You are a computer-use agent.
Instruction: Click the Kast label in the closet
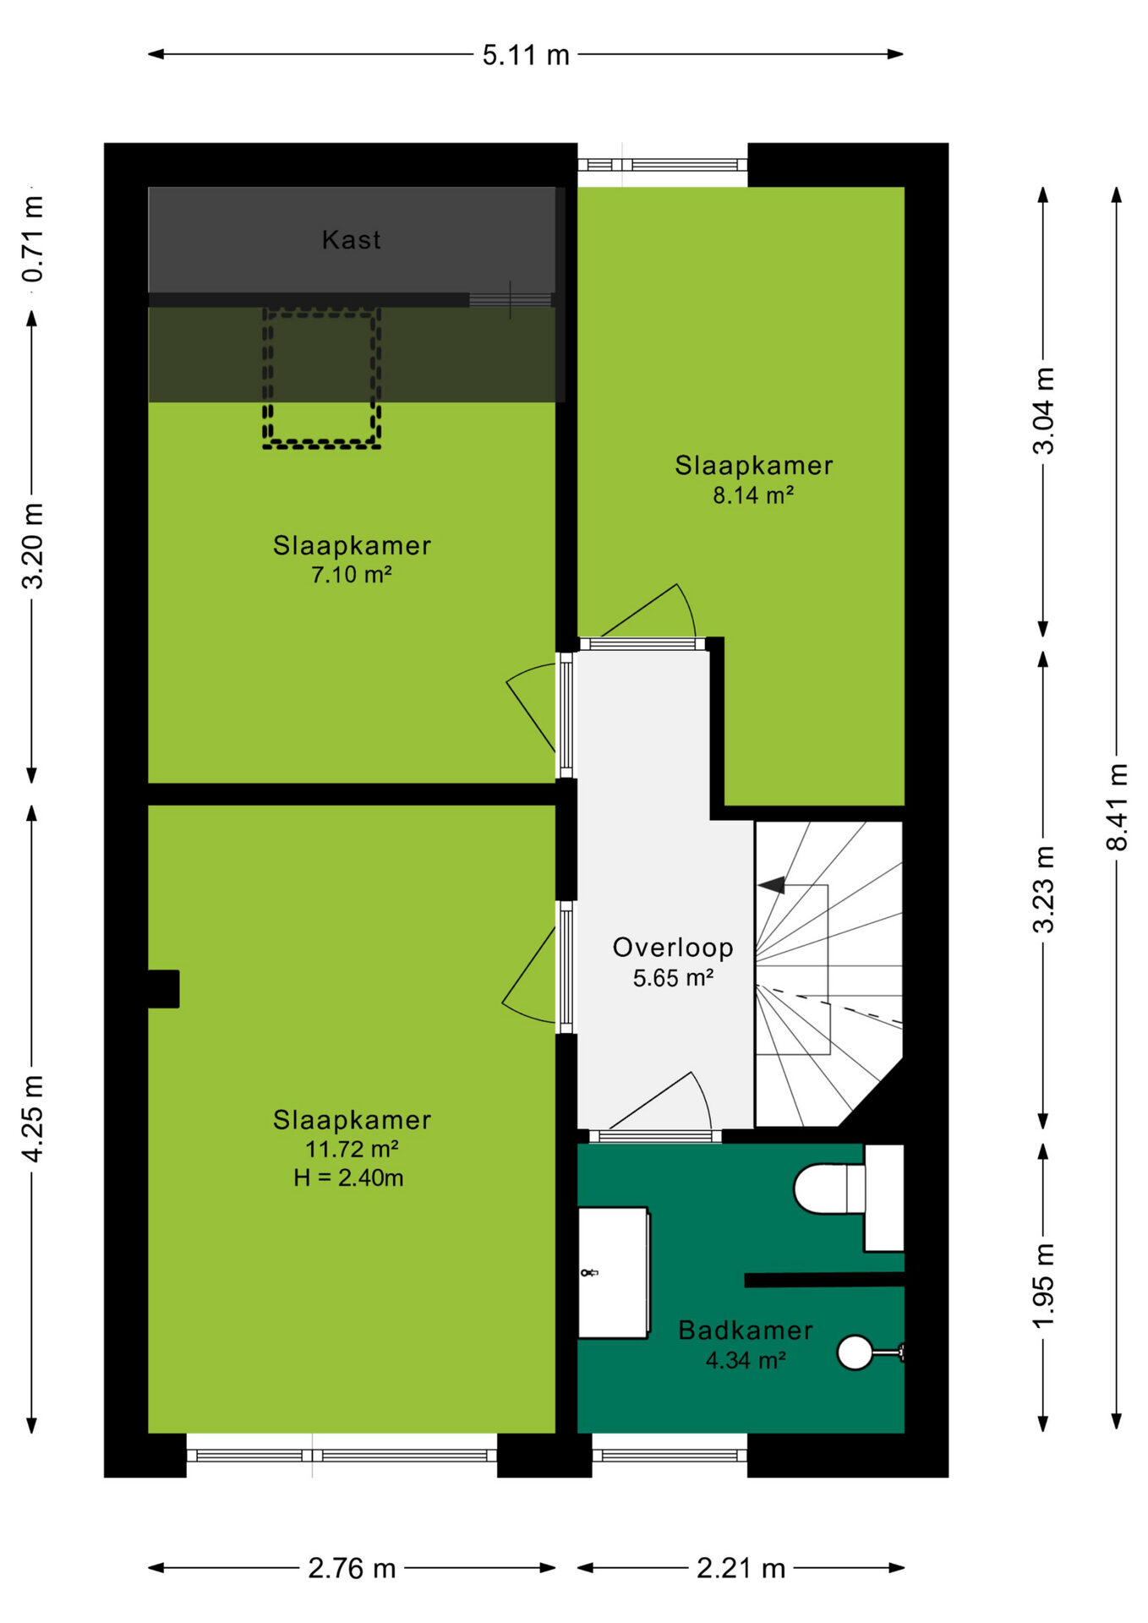point(351,240)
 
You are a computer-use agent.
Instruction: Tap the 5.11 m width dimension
point(526,55)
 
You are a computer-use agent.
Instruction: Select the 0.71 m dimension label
point(32,239)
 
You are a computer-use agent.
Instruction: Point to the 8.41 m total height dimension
point(1117,806)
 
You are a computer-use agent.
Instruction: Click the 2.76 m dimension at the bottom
point(352,1569)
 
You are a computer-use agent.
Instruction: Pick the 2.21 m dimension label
point(741,1569)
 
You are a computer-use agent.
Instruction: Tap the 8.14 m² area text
point(753,495)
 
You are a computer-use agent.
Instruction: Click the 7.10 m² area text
point(352,575)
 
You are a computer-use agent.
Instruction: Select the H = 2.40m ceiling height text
point(348,1178)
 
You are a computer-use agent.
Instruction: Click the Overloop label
point(673,948)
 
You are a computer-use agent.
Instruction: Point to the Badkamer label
point(746,1331)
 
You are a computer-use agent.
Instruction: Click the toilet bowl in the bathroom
point(828,1189)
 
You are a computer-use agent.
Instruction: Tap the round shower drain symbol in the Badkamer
point(855,1352)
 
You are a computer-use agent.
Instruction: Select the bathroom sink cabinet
point(614,1273)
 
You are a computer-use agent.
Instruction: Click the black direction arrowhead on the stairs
point(771,885)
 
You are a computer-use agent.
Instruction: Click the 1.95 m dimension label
point(1043,1285)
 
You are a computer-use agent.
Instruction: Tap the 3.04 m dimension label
point(1043,411)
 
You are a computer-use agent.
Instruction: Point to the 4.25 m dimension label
point(32,1118)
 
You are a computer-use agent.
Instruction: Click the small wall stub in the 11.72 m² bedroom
point(163,989)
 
